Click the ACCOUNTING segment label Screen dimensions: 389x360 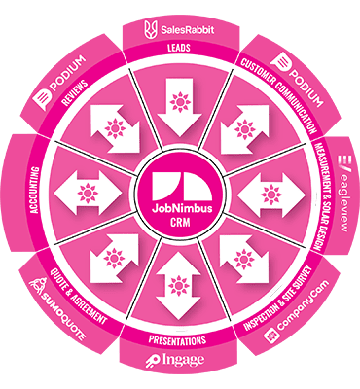coord(49,191)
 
